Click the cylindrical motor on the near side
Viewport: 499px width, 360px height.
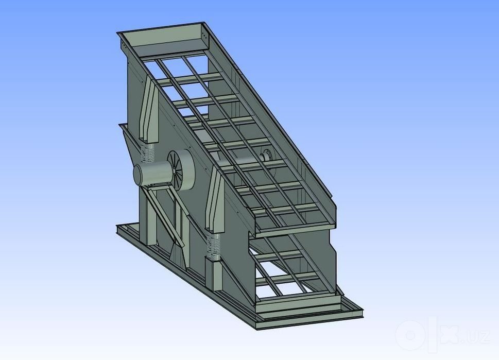(x=152, y=173)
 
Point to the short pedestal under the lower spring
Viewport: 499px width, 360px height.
(x=213, y=274)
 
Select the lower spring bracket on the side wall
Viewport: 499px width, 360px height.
(x=215, y=200)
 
